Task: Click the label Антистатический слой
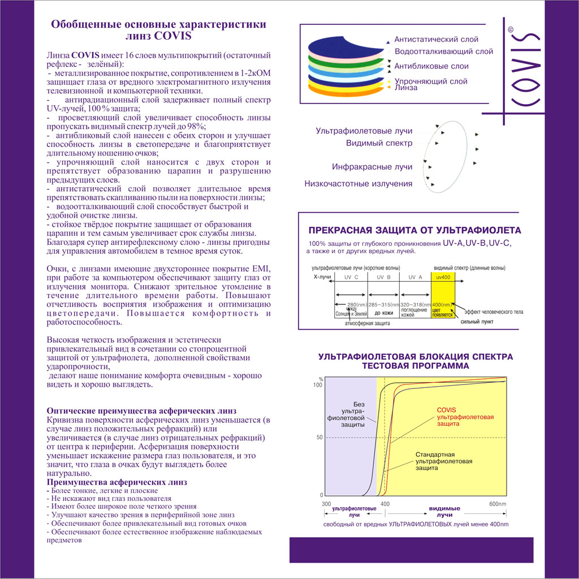click(x=436, y=40)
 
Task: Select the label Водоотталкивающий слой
click(x=443, y=51)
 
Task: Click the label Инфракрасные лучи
click(x=372, y=167)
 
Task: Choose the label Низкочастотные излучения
click(x=358, y=184)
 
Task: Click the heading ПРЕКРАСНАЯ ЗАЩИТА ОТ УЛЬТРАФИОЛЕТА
click(x=414, y=231)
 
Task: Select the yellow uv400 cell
click(x=442, y=276)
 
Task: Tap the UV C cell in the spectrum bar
click(x=351, y=276)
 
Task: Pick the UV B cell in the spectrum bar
click(x=383, y=276)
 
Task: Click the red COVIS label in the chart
click(x=447, y=410)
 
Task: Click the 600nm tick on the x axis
click(x=498, y=504)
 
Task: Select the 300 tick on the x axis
click(x=326, y=504)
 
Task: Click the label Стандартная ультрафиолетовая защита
click(x=443, y=461)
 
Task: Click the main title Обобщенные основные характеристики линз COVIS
click(x=158, y=31)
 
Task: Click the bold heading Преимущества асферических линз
click(x=116, y=482)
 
